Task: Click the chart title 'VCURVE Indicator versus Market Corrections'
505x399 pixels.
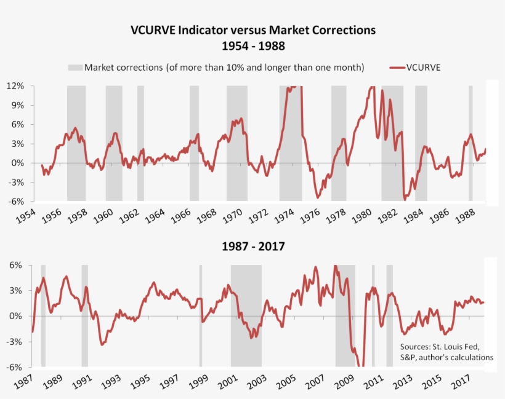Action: pos(252,30)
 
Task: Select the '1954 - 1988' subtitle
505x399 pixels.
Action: pos(252,45)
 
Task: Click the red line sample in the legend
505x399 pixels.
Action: pos(396,67)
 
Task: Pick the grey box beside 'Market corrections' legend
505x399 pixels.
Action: pos(75,67)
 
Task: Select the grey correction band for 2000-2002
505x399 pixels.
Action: pos(246,315)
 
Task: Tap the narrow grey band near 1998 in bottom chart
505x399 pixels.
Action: pos(201,315)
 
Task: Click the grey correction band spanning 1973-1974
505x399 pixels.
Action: pos(291,143)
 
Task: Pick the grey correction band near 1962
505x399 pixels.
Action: pos(140,143)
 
